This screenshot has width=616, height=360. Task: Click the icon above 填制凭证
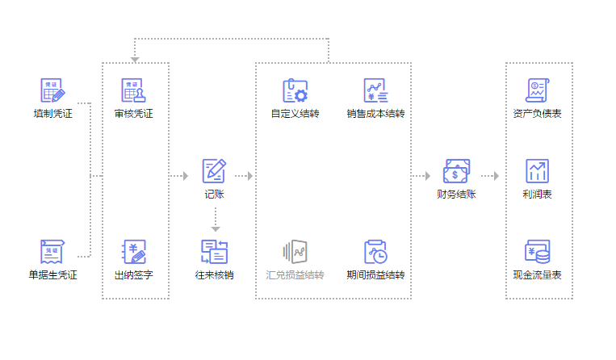pos(52,90)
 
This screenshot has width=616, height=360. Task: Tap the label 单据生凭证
pos(52,275)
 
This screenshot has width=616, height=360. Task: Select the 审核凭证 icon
pos(133,90)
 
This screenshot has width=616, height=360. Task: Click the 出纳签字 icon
pos(133,252)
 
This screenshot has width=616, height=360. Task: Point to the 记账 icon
pos(214,170)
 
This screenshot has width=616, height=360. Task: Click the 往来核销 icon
pos(214,252)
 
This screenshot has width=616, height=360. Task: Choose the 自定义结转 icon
pos(295,90)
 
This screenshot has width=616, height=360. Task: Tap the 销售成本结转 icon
pos(375,90)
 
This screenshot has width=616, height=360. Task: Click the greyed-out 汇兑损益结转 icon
pos(295,252)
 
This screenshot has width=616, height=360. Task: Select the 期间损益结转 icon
pos(375,252)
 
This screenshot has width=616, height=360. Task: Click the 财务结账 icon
pos(456,170)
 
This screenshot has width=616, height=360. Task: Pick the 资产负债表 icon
pos(537,90)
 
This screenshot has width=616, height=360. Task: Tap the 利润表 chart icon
pos(537,170)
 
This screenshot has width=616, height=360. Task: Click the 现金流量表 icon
pos(537,252)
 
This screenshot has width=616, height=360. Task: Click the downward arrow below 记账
pos(216,228)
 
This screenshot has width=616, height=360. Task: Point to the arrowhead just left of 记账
pos(185,175)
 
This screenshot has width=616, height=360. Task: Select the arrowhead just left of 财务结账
pos(427,175)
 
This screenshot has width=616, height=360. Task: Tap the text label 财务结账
pos(456,195)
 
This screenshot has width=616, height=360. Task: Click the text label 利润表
pos(537,195)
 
